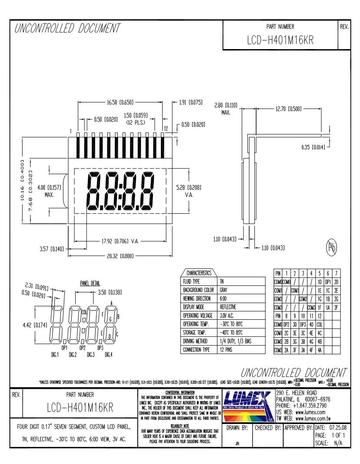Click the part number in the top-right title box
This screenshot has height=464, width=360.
pos(280,40)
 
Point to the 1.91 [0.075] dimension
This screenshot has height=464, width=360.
pos(191,103)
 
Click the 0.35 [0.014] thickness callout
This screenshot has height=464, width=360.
pos(313,147)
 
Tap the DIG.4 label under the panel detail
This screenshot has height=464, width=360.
pos(108,355)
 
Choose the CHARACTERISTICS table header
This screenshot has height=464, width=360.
pos(199,273)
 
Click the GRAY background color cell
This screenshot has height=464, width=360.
pos(225,289)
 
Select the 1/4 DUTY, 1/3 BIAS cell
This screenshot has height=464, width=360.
pos(235,341)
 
